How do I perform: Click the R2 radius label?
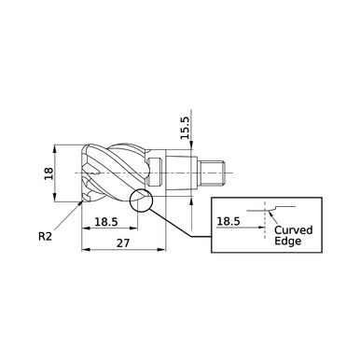click(x=46, y=237)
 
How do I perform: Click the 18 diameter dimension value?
click(x=49, y=173)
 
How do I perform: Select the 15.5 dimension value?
click(x=185, y=128)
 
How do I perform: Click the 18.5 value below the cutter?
click(x=106, y=223)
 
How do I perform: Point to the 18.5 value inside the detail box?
click(x=228, y=222)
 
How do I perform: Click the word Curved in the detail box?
click(x=294, y=229)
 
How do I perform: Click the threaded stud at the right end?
click(x=215, y=172)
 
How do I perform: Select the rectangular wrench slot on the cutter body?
click(x=159, y=173)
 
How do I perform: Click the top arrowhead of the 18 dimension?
click(x=57, y=148)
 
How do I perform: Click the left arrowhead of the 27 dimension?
click(x=85, y=251)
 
